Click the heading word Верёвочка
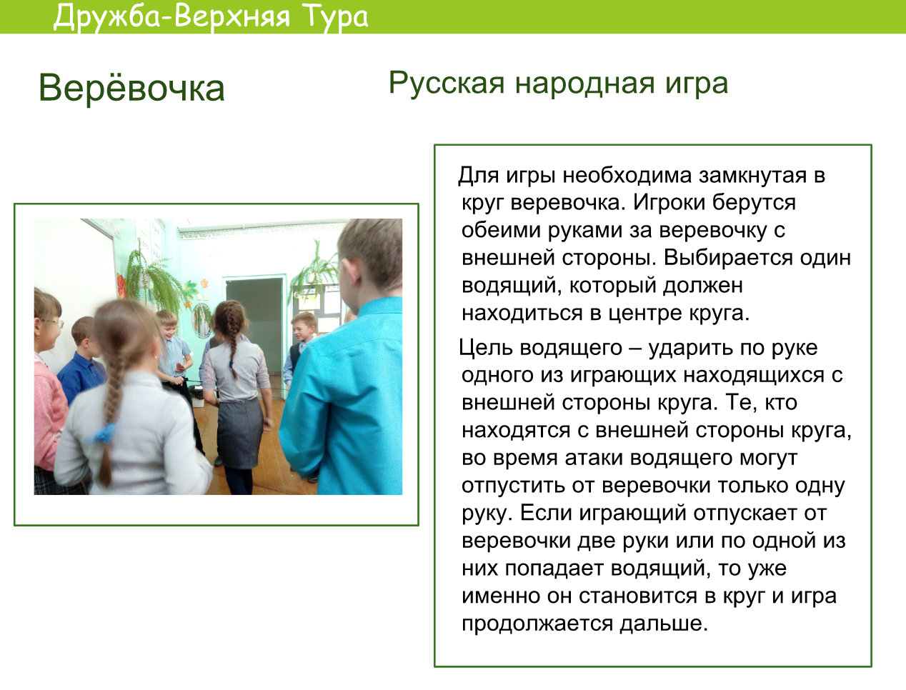pos(131,87)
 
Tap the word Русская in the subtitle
pos(447,84)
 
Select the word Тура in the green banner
pos(334,17)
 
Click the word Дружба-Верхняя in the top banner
pos(171,17)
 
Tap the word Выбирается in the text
pos(728,258)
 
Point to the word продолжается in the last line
pos(537,624)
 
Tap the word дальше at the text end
pos(663,623)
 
